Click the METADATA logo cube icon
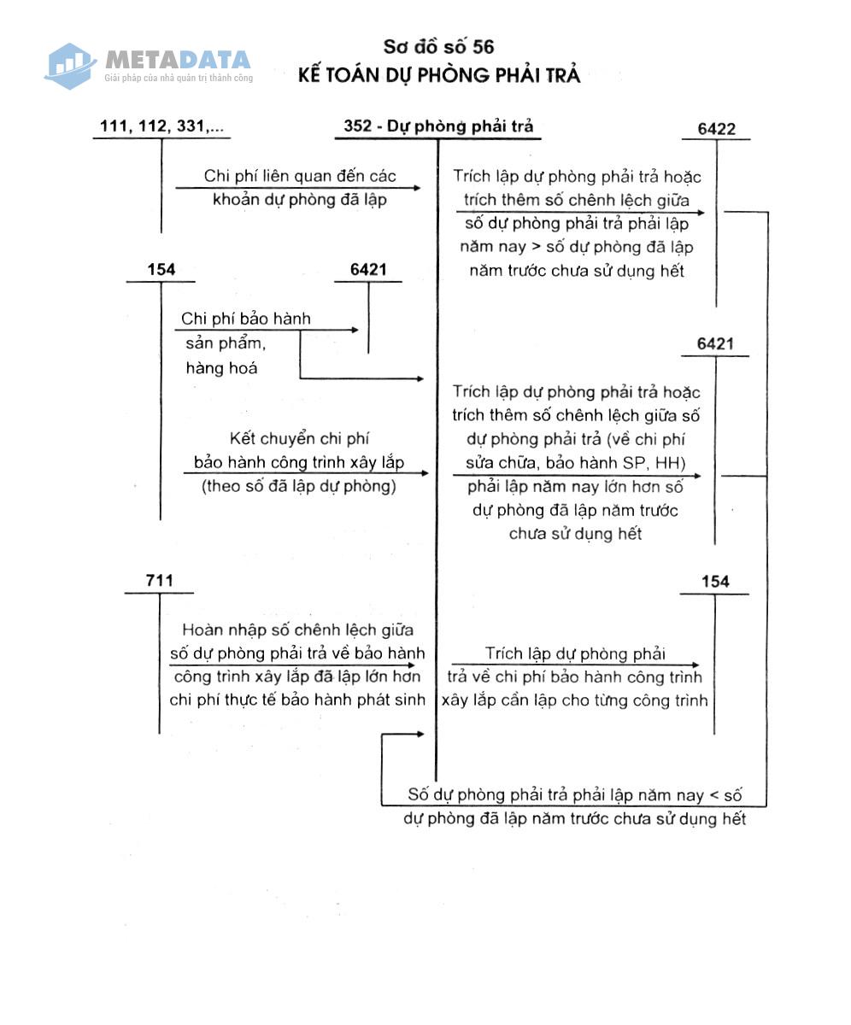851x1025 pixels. click(70, 67)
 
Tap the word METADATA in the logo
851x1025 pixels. click(178, 60)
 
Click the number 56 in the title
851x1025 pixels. click(484, 47)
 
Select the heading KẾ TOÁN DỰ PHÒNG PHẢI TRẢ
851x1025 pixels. click(439, 75)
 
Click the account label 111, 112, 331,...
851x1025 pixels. click(161, 126)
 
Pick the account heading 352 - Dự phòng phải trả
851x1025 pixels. click(438, 126)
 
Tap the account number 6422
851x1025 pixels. click(717, 129)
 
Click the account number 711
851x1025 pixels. click(160, 580)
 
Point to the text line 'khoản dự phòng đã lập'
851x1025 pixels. click(300, 200)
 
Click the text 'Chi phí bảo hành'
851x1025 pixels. click(246, 319)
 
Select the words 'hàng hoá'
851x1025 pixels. click(221, 367)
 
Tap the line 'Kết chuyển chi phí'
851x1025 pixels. click(299, 438)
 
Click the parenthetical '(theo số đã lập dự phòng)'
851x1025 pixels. click(298, 486)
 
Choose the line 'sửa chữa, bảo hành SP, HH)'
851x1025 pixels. click(576, 462)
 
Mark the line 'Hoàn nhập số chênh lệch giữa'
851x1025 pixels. click(297, 630)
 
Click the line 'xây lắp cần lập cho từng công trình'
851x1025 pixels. click(574, 700)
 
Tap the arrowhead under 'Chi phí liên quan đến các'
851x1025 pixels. click(417, 188)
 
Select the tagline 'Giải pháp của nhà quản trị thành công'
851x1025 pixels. click(179, 78)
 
